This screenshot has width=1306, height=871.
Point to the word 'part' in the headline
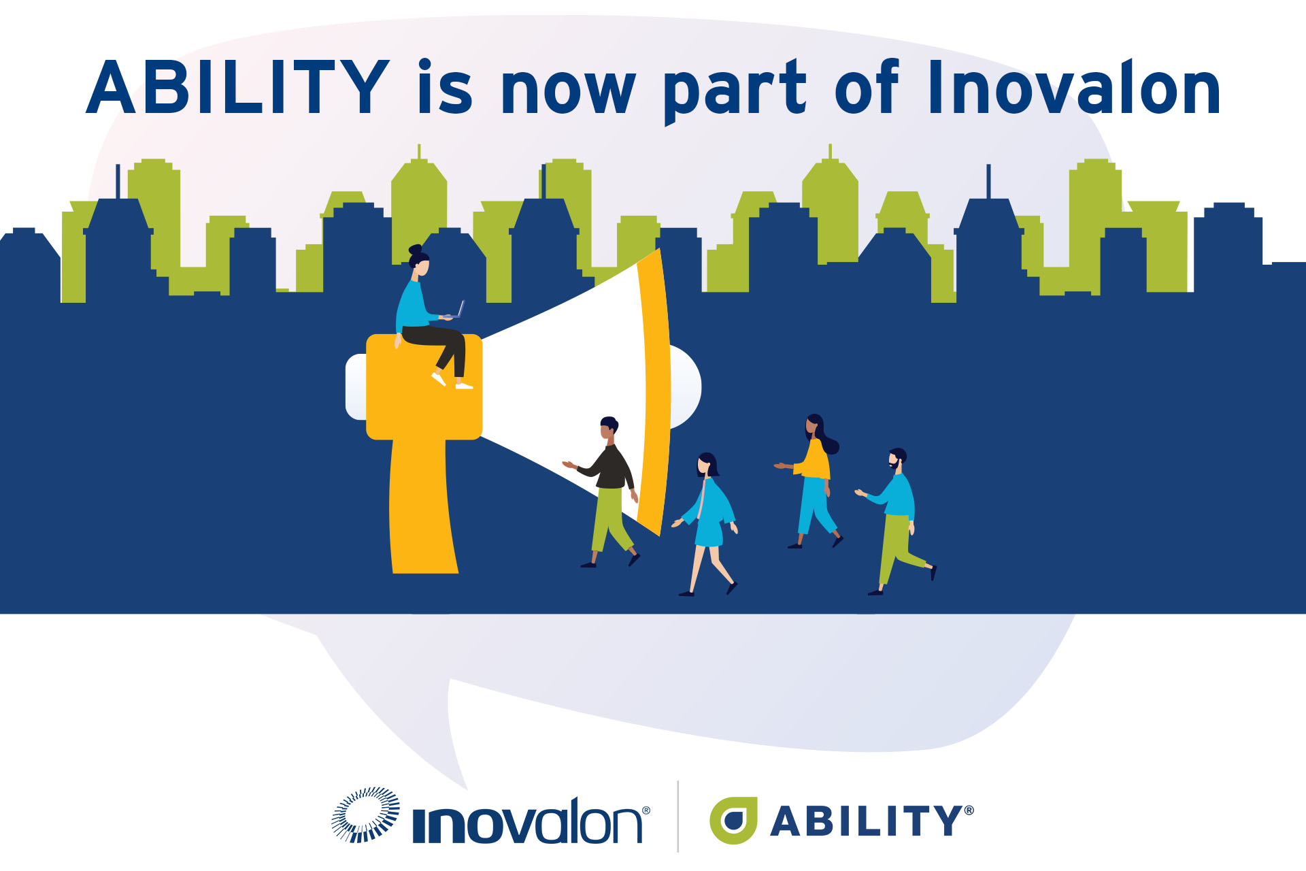(735, 93)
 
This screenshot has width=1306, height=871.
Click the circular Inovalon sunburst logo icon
(365, 815)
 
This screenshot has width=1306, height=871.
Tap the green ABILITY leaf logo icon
(733, 820)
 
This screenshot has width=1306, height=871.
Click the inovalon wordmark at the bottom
(528, 821)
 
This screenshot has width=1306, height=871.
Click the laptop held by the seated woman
(456, 312)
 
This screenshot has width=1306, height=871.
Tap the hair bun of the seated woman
(415, 250)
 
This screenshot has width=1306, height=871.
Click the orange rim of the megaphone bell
(656, 391)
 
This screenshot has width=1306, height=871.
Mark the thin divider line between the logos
(678, 816)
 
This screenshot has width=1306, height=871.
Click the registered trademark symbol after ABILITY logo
(969, 810)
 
